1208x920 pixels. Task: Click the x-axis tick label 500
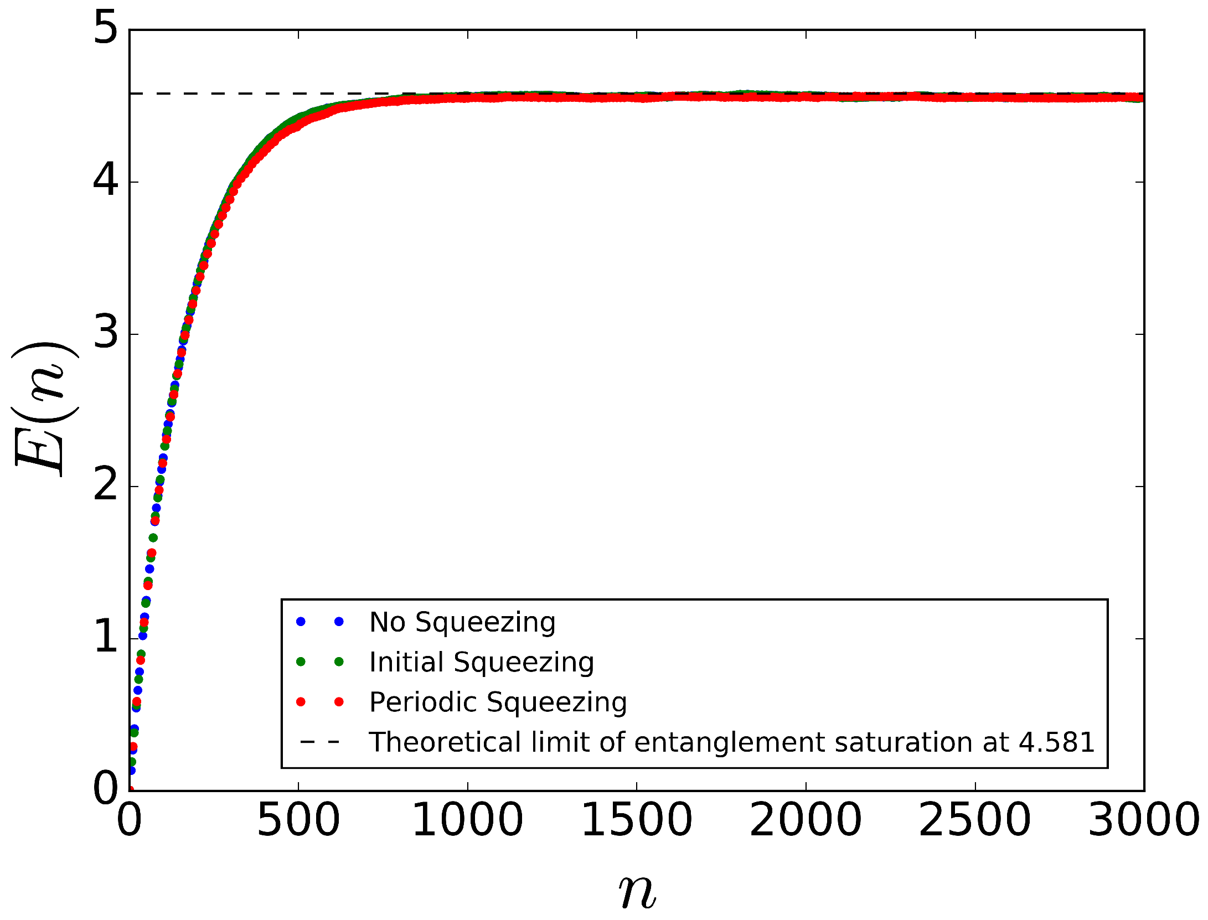pyautogui.click(x=298, y=820)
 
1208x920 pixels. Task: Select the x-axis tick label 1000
pyautogui.click(x=467, y=820)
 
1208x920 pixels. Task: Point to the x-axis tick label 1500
pyautogui.click(x=637, y=820)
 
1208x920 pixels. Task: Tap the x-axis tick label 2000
pyautogui.click(x=806, y=820)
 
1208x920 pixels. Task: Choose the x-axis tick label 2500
pyautogui.click(x=974, y=820)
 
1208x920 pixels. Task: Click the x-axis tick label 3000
pyautogui.click(x=1143, y=820)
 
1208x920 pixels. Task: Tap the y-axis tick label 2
pyautogui.click(x=106, y=486)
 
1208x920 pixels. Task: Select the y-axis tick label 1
pyautogui.click(x=106, y=638)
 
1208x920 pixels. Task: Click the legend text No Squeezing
pyautogui.click(x=462, y=622)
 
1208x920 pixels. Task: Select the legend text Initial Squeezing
pyautogui.click(x=482, y=662)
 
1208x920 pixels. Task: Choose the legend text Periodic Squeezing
pyautogui.click(x=498, y=702)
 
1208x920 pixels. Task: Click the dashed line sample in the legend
pyautogui.click(x=319, y=742)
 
